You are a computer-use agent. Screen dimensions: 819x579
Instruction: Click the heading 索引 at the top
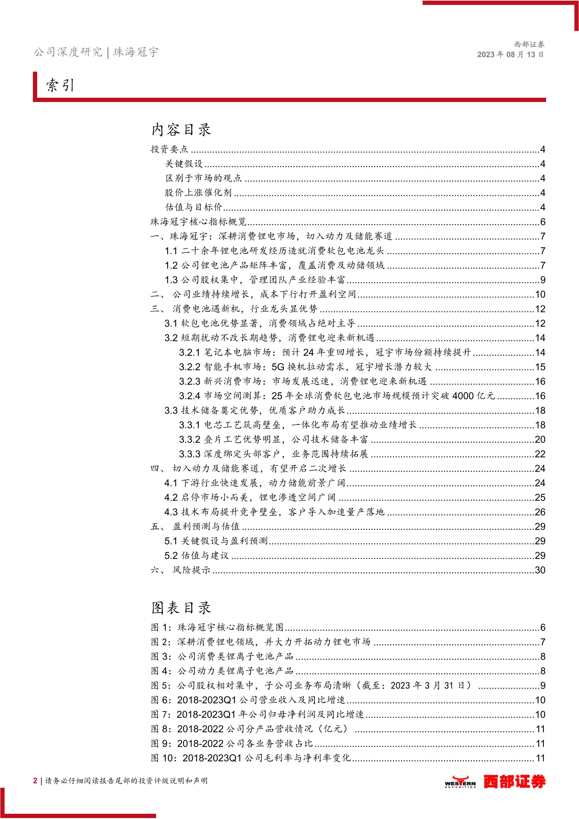pos(60,85)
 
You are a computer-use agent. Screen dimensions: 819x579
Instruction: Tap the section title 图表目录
pos(181,608)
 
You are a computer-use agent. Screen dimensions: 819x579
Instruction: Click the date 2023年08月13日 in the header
pos(510,55)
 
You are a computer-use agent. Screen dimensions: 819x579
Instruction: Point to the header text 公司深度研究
pos(68,52)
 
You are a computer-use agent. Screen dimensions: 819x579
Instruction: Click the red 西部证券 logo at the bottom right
pos(514,782)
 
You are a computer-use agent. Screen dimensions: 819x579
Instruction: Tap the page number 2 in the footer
pos(35,781)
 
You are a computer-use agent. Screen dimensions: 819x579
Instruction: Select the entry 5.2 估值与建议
pos(196,555)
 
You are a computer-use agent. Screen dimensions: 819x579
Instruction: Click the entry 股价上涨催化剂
pos(198,193)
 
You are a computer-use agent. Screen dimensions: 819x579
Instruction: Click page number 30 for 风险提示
pos(540,570)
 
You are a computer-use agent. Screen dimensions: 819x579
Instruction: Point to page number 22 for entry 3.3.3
pos(540,454)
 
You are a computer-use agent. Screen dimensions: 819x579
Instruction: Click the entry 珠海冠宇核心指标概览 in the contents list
pos(198,222)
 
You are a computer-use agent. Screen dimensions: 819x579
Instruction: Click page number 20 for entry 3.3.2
pos(540,439)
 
